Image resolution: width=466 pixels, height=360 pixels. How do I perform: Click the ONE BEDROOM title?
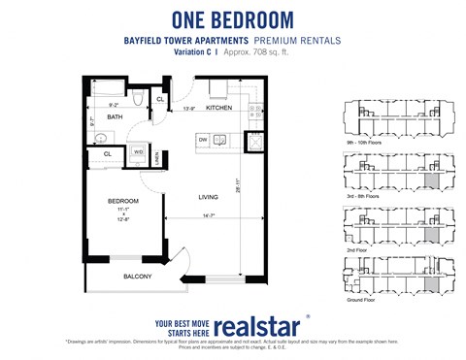(233, 18)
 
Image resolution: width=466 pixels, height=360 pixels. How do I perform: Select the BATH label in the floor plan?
(115, 117)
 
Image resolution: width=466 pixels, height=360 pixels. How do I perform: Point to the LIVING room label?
(209, 198)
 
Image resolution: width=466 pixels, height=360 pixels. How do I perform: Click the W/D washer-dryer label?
(138, 152)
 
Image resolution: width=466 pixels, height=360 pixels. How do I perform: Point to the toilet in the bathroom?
(139, 99)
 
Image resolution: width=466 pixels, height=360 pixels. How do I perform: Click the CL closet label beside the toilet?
(160, 98)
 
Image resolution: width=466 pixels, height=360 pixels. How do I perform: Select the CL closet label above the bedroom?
(107, 153)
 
